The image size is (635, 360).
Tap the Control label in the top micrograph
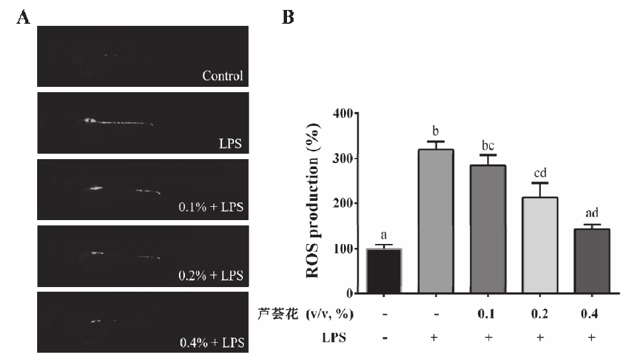(x=223, y=76)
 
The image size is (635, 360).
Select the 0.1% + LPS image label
(x=211, y=207)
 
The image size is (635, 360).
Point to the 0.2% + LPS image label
(x=211, y=275)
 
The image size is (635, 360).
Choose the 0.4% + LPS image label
(x=211, y=343)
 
